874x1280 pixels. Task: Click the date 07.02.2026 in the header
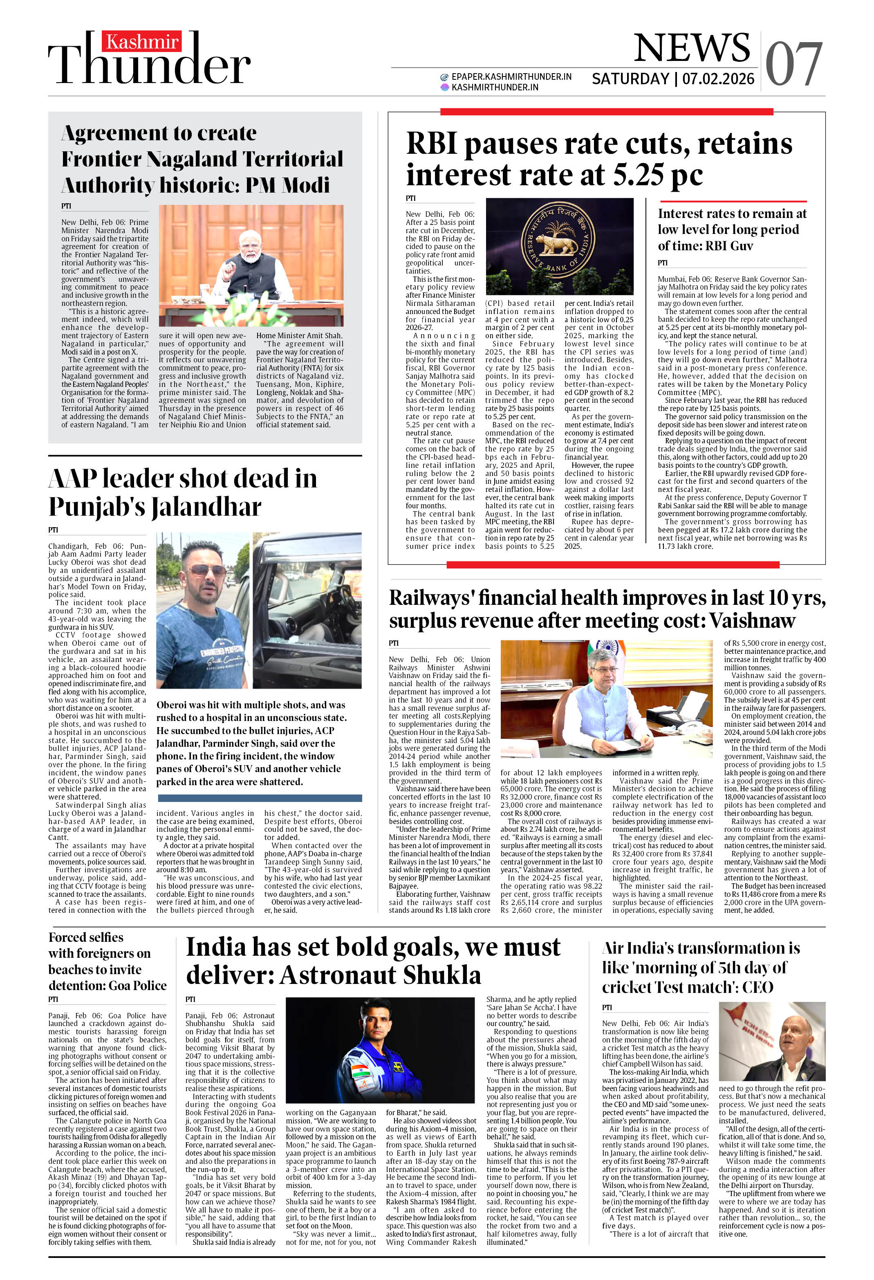point(718,79)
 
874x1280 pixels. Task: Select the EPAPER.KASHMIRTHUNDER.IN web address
point(511,76)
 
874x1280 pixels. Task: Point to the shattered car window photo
point(307,610)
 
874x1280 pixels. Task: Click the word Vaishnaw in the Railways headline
point(752,621)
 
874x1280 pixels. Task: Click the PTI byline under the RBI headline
point(410,198)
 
